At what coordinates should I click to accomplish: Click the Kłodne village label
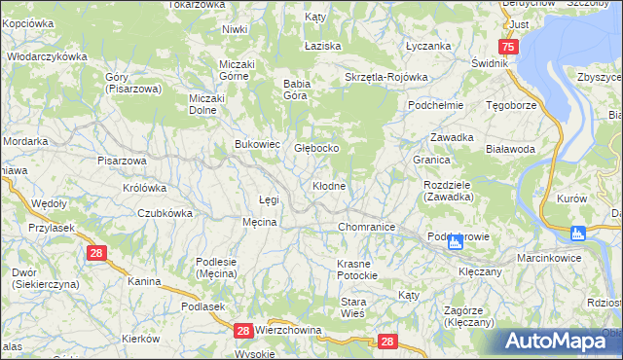pyautogui.click(x=329, y=185)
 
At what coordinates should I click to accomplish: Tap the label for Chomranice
pyautogui.click(x=365, y=227)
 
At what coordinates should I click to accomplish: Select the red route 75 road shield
pyautogui.click(x=507, y=47)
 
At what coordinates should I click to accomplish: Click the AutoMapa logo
pyautogui.click(x=559, y=342)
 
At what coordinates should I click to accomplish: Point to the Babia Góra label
pyautogui.click(x=295, y=90)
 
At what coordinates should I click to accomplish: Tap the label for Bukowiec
pyautogui.click(x=257, y=144)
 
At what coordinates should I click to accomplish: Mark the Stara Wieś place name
pyautogui.click(x=352, y=307)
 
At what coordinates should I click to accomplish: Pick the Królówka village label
pyautogui.click(x=144, y=188)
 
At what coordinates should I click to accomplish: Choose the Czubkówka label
pyautogui.click(x=164, y=213)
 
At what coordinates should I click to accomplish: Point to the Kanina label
pyautogui.click(x=144, y=281)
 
